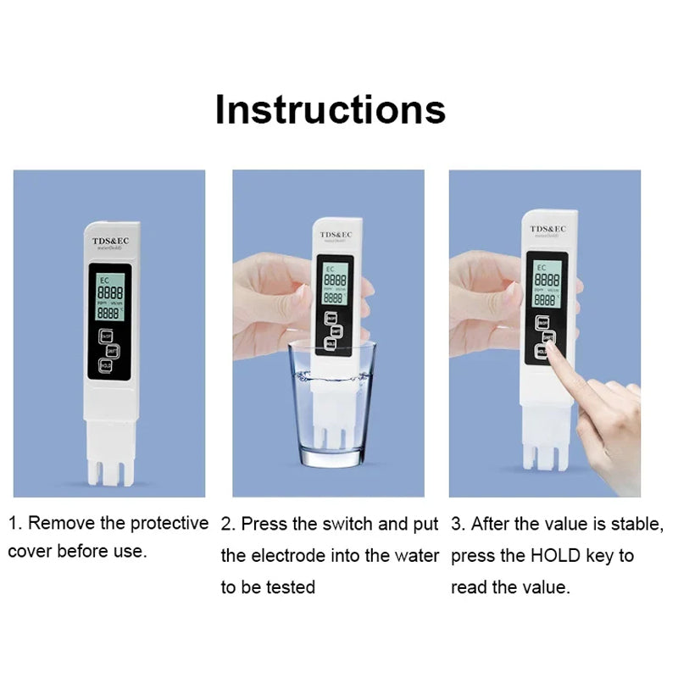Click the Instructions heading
330,110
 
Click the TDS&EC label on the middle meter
335,236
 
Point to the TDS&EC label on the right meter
548,229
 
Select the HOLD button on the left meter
105,365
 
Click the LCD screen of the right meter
547,283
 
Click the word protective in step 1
167,523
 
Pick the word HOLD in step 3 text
556,556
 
